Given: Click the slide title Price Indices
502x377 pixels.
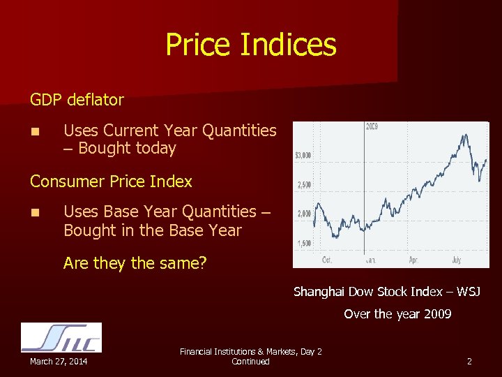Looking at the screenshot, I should (250, 45).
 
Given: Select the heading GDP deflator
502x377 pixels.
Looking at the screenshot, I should (77, 100).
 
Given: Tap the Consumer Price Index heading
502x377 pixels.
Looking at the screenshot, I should (111, 182).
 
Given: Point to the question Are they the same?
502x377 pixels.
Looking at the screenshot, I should (135, 263).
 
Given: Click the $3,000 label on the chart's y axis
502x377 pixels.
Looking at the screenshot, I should (303, 155).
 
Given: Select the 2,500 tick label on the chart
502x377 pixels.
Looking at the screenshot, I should (304, 185).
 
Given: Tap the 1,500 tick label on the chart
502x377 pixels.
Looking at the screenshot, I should (304, 243).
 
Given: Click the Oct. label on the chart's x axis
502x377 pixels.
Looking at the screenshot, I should (326, 260).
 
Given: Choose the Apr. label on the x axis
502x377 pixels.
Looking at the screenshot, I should (413, 260).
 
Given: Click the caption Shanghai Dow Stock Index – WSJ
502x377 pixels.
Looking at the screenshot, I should (386, 291).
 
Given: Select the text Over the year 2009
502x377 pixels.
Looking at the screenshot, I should (397, 314).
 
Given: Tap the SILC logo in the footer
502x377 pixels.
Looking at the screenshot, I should (61, 337).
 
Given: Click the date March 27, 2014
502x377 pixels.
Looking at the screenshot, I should (59, 361).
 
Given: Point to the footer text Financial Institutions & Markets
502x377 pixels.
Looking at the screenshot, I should (250, 352).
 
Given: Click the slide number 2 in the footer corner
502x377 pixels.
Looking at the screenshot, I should (469, 361).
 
